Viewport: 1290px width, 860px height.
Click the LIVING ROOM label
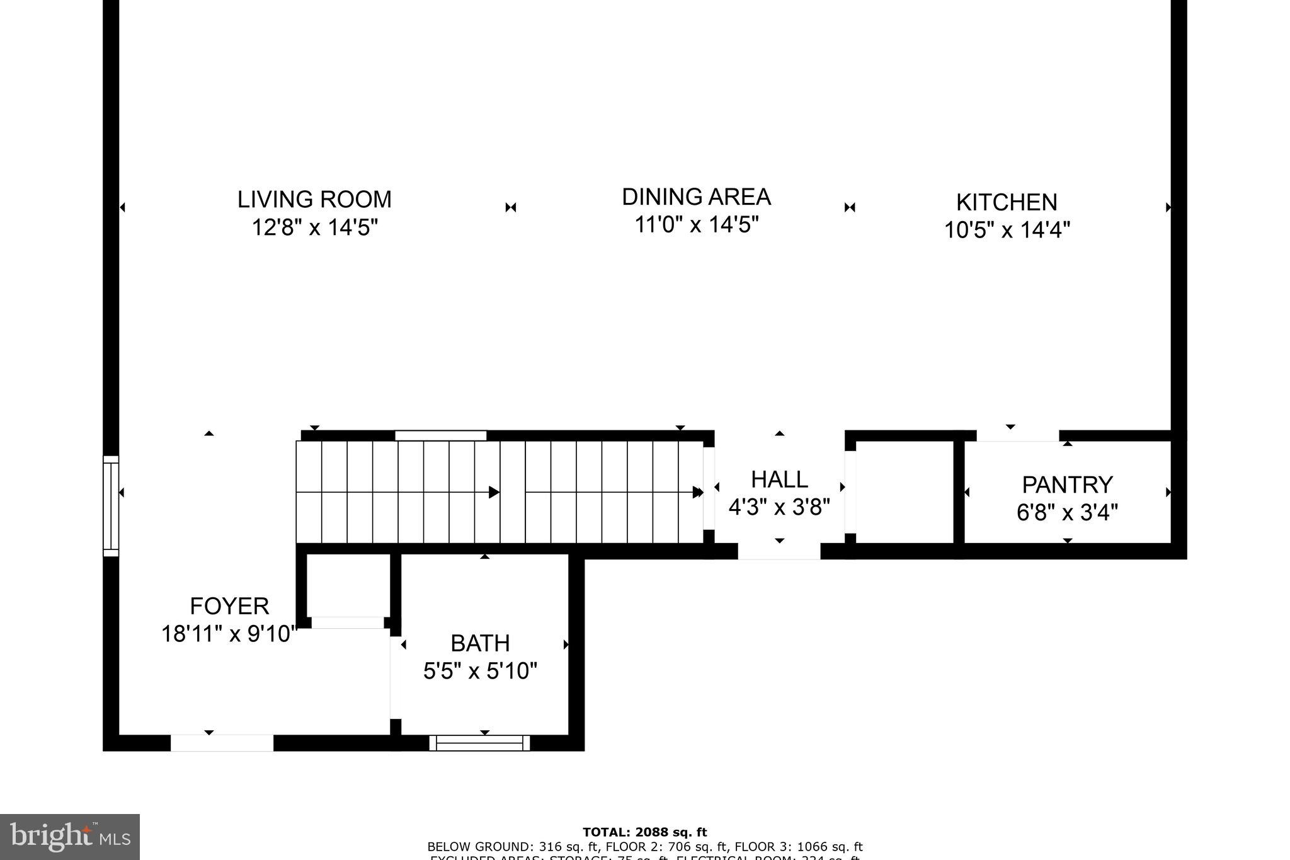[x=314, y=200]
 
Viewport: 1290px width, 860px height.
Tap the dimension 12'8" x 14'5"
[x=314, y=227]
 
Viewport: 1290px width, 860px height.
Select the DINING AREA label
[x=696, y=197]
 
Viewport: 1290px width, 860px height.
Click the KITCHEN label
[x=1007, y=202]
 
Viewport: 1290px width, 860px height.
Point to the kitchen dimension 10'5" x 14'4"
[x=1007, y=230]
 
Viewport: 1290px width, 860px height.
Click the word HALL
[x=779, y=480]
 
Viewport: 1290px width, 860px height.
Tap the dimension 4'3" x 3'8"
[x=779, y=507]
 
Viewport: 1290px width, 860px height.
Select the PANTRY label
[x=1067, y=485]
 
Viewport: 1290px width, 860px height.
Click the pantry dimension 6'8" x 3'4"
[x=1067, y=513]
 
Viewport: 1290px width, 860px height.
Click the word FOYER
[x=229, y=606]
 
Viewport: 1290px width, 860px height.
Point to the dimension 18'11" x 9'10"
[x=229, y=634]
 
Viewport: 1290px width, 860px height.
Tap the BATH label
[x=480, y=643]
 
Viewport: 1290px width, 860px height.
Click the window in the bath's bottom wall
[x=480, y=743]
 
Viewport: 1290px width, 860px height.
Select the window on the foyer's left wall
[x=111, y=506]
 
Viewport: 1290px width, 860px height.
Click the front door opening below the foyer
[x=222, y=743]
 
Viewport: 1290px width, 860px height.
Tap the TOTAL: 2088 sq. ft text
[x=644, y=832]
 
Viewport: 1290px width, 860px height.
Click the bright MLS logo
[x=69, y=837]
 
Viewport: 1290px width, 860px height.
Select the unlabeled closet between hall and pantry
[x=905, y=491]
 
